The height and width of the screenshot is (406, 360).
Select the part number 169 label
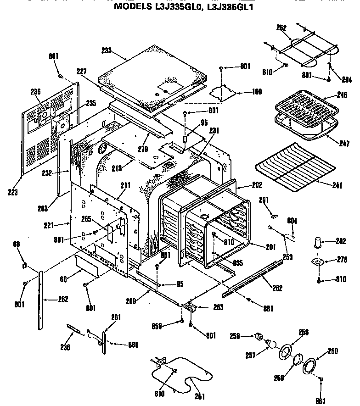click(256, 92)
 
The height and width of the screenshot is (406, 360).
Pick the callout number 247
click(344, 144)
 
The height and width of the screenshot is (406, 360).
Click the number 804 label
click(292, 221)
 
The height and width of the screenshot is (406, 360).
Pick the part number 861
click(321, 400)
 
